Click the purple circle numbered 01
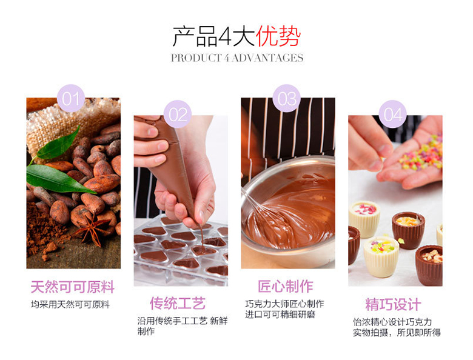[x=71, y=98]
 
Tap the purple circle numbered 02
[x=178, y=115]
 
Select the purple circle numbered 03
[x=287, y=98]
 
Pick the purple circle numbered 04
[x=393, y=115]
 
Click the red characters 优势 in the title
[x=278, y=36]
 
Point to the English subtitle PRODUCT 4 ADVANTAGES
[x=237, y=58]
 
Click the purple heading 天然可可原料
[x=72, y=287]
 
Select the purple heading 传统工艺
[x=178, y=303]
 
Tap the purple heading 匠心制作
[x=286, y=286]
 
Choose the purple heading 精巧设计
[x=393, y=304]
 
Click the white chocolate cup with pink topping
[x=364, y=219]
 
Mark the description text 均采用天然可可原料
[x=70, y=304]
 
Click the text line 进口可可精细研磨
[x=280, y=315]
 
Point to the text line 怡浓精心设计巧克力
[x=392, y=322]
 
